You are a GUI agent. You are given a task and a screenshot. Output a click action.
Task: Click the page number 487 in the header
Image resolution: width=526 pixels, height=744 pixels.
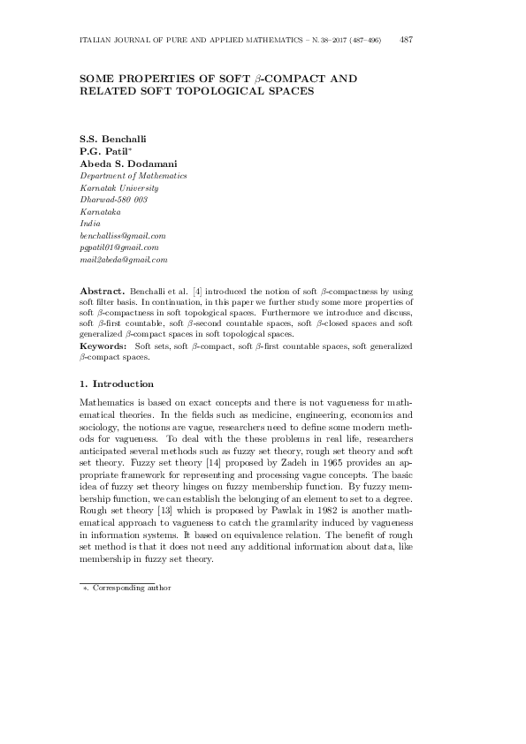(407, 40)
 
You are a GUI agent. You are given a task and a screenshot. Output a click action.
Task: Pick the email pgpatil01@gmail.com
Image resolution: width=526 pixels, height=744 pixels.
(119, 248)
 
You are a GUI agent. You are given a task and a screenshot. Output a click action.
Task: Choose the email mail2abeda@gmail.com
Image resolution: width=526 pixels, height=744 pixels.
(124, 261)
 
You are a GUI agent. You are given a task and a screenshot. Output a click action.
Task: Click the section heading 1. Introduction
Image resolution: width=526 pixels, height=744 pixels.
(117, 384)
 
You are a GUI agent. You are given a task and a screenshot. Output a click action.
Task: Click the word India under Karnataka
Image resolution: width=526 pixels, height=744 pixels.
(90, 224)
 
